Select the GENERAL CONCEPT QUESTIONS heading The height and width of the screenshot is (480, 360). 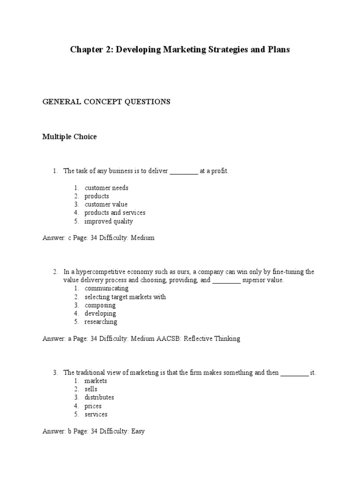(106, 102)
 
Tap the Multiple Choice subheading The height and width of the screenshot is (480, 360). (69, 137)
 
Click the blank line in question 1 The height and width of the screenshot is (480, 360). (184, 172)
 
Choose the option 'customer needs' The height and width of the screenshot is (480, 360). (106, 188)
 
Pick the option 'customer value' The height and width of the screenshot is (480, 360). (106, 204)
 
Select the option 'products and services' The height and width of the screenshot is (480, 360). (115, 213)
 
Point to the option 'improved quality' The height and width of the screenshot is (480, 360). (109, 221)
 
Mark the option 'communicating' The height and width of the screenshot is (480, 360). (106, 289)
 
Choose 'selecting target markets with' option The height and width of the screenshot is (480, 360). (125, 297)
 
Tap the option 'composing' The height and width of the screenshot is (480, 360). (100, 306)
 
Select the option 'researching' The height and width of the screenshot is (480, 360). (101, 322)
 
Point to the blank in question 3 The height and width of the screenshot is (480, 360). (294, 373)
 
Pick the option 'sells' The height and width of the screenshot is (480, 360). (91, 389)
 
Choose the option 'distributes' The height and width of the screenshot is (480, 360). (99, 397)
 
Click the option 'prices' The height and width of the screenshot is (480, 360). (93, 406)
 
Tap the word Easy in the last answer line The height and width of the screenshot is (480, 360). (137, 431)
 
